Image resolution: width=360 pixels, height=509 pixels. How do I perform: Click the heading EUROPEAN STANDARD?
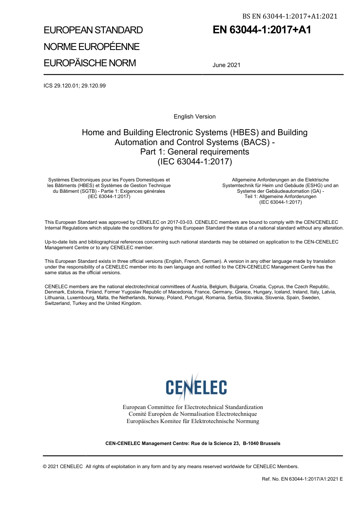tap(93, 30)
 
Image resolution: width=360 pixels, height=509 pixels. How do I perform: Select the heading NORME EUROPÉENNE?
tap(92, 47)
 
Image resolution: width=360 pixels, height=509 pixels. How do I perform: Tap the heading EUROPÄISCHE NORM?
tap(90, 63)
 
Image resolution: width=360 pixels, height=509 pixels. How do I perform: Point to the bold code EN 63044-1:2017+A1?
tap(262, 30)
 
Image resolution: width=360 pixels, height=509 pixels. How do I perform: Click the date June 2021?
tap(227, 65)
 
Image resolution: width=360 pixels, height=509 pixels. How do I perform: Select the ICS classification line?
tap(75, 86)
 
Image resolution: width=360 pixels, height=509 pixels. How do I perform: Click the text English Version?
tap(194, 117)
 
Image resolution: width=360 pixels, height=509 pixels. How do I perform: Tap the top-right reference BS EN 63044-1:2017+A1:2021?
tap(290, 16)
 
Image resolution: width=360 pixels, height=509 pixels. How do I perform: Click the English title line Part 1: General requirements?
tap(194, 152)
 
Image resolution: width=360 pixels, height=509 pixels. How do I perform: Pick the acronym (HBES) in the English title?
tap(246, 133)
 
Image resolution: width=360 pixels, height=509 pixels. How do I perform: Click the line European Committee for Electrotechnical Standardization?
tap(193, 407)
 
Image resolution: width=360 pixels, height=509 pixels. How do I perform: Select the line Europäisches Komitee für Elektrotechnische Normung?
tap(193, 421)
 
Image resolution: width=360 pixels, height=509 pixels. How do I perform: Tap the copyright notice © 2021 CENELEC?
tap(63, 467)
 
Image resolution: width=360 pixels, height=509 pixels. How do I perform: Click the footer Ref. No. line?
tap(302, 479)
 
